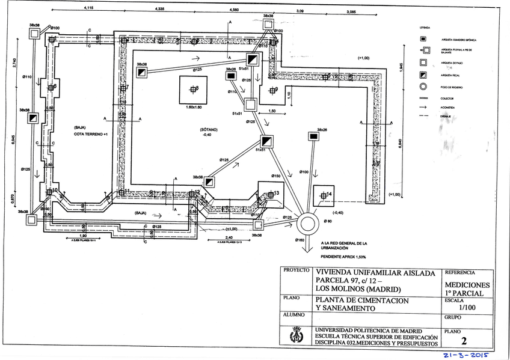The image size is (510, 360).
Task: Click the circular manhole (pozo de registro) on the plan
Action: pyautogui.click(x=307, y=224)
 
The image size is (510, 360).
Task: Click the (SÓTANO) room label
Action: pyautogui.click(x=209, y=130)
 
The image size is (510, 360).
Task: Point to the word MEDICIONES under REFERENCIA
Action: pyautogui.click(x=467, y=285)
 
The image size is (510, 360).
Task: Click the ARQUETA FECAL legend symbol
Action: pyautogui.click(x=423, y=75)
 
